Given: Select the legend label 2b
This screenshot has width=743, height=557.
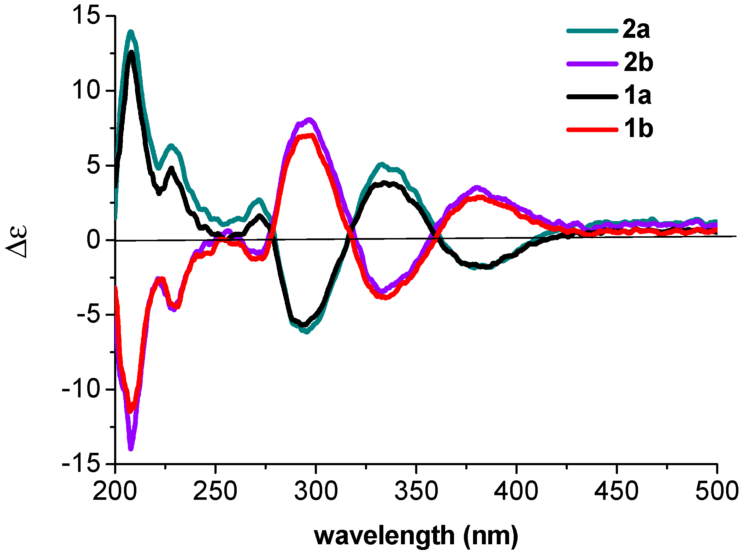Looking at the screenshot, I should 638,63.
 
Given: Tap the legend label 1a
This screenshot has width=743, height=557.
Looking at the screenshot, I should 637,95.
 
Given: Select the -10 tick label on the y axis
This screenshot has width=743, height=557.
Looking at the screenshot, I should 81,389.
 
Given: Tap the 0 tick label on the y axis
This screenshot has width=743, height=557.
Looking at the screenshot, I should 94,240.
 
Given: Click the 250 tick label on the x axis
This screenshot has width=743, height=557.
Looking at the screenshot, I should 215,491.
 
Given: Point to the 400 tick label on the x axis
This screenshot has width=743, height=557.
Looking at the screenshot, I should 516,491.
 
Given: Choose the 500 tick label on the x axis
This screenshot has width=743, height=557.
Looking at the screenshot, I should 717,491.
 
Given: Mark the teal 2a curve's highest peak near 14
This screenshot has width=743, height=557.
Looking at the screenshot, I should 131,32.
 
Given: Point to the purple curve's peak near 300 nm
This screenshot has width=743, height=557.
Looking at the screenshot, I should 309,120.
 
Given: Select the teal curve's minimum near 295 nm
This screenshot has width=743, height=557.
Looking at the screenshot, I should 306,332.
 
